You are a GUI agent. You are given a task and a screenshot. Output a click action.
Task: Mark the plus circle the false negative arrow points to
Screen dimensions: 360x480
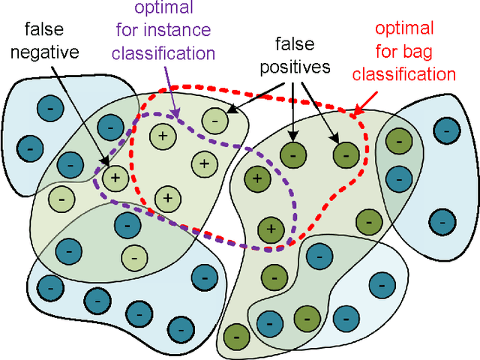click(115, 177)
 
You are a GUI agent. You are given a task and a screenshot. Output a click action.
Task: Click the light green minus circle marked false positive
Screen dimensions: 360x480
click(214, 118)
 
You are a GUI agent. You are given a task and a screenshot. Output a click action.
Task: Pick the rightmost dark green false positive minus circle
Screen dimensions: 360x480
click(345, 154)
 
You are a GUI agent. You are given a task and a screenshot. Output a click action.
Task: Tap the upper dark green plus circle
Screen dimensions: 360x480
click(257, 178)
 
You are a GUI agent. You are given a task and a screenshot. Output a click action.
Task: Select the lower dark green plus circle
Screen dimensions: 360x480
click(270, 229)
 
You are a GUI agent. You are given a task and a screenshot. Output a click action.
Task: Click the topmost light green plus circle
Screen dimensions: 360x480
click(161, 136)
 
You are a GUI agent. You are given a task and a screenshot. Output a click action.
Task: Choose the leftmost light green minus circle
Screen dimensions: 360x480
click(61, 199)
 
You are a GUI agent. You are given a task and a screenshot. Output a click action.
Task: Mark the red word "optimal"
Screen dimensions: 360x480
click(404, 29)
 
